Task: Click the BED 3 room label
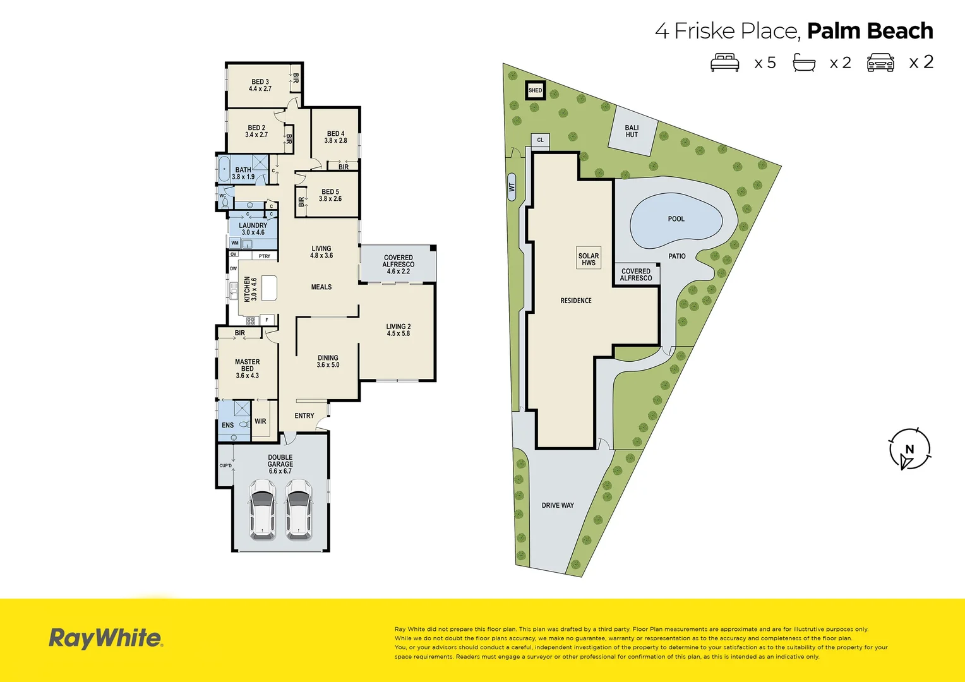[x=260, y=81]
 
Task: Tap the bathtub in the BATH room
[x=224, y=169]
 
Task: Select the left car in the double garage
[x=261, y=509]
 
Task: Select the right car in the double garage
[x=298, y=509]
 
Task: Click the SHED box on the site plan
[x=535, y=90]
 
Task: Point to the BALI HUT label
[x=632, y=131]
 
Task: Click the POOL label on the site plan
[x=676, y=219]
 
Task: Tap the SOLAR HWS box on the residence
[x=589, y=259]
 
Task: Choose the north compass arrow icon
[x=909, y=450]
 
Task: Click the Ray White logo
[x=106, y=638]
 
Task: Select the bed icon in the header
[x=724, y=63]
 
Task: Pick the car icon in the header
[x=880, y=63]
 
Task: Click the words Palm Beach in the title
[x=870, y=30]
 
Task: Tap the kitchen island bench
[x=270, y=288]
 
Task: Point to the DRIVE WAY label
[x=558, y=505]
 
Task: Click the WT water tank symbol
[x=512, y=187]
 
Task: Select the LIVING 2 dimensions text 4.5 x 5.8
[x=398, y=333]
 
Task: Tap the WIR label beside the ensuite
[x=260, y=421]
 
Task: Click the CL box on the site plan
[x=540, y=140]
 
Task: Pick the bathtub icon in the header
[x=804, y=63]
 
